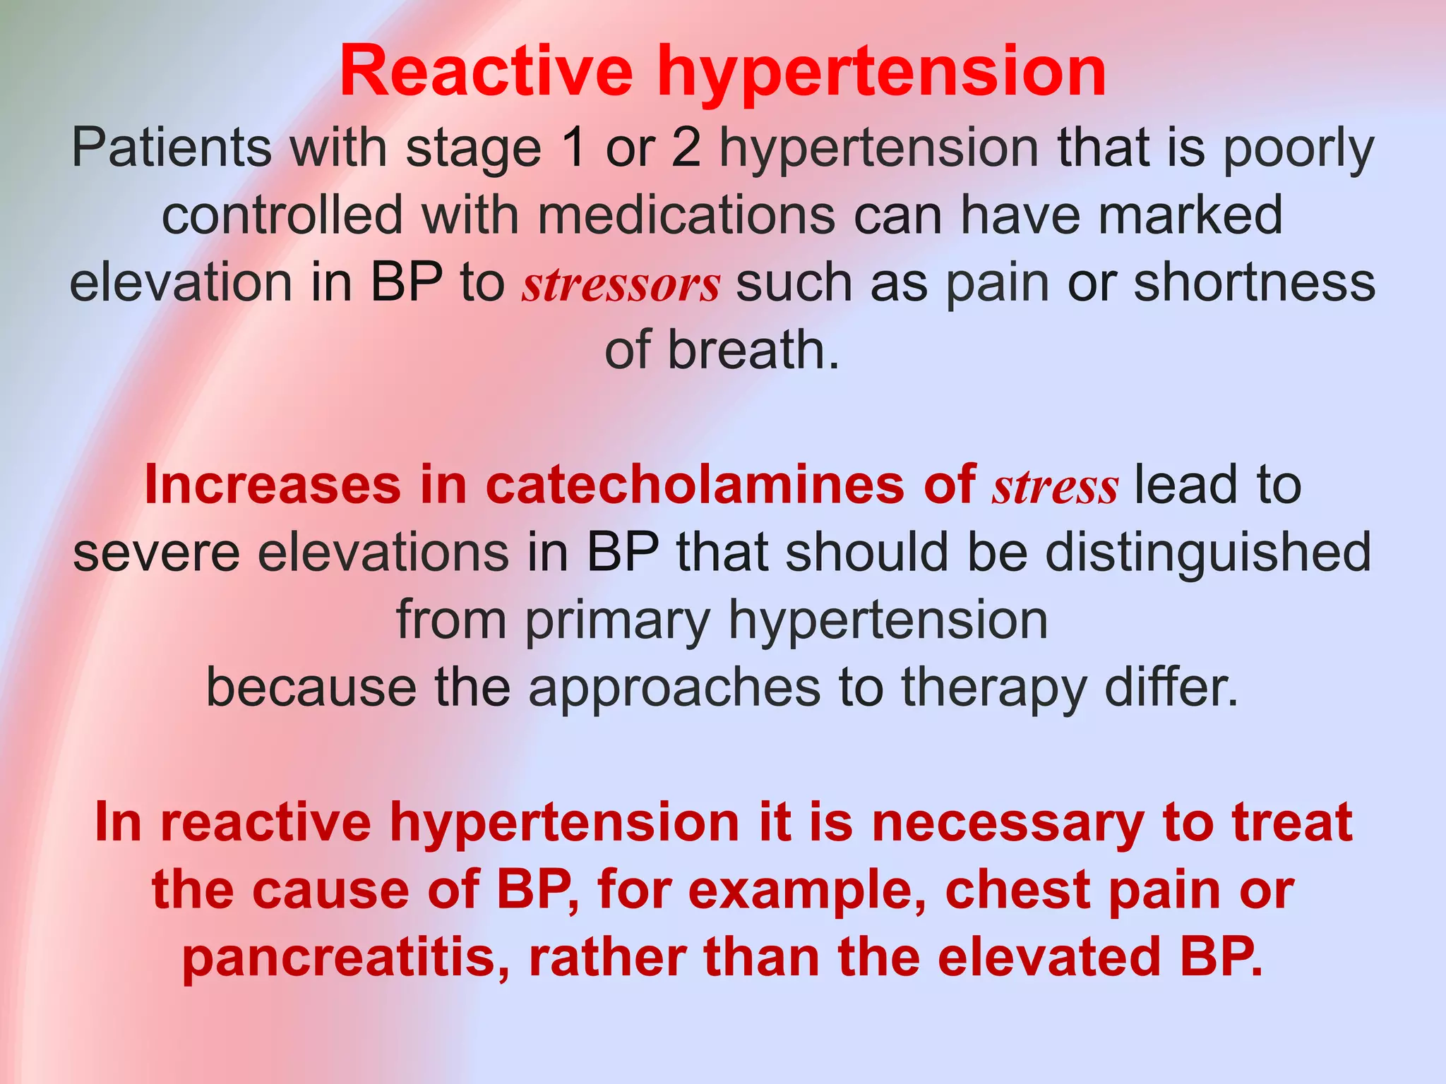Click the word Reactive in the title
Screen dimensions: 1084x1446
(x=486, y=71)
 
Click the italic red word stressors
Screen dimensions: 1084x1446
(x=621, y=284)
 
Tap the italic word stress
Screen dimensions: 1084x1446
(x=1055, y=487)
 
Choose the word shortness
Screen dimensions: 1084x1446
(x=1255, y=283)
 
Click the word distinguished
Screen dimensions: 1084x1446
(x=1208, y=553)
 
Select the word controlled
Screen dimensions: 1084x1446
(x=282, y=215)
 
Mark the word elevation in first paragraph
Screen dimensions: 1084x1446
(x=181, y=283)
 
